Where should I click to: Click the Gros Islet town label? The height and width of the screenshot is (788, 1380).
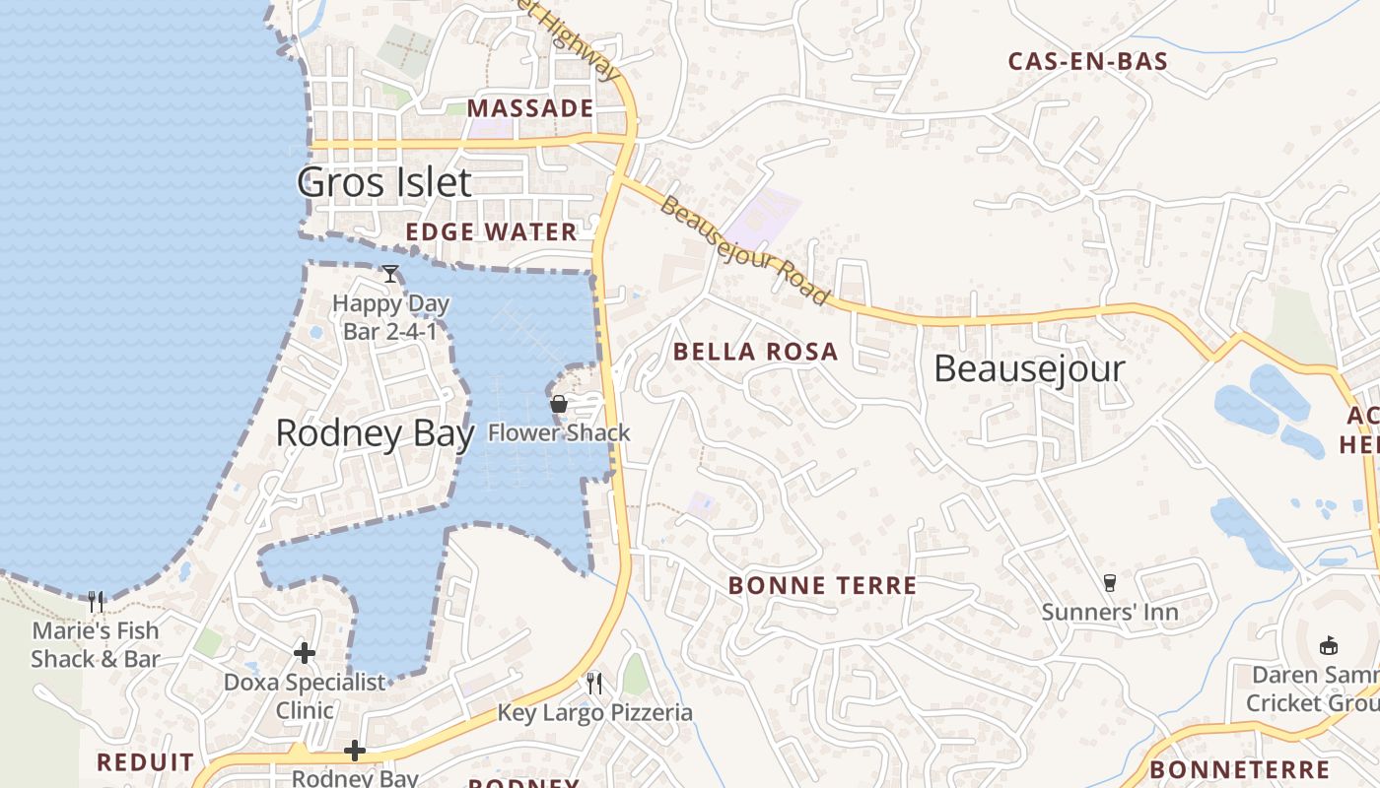coord(384,182)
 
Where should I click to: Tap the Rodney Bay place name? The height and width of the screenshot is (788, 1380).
coord(375,433)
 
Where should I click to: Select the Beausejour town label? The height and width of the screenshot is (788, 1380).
coord(1029,368)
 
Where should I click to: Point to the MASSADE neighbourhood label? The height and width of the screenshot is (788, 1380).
coord(530,108)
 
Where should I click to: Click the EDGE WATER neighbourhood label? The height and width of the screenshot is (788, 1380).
coord(491,232)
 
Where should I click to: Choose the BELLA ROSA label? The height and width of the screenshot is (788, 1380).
coord(755,352)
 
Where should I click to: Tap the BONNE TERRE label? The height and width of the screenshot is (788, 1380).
coord(822,586)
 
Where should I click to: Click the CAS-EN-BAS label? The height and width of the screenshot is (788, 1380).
coord(1087,61)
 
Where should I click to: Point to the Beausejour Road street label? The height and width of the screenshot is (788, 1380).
coord(744,250)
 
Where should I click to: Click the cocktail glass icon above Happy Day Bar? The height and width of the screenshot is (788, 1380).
coord(390,274)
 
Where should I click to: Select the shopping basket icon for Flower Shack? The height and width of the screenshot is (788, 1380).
coord(559,404)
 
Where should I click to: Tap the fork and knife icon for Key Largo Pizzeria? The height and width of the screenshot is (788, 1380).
coord(594,683)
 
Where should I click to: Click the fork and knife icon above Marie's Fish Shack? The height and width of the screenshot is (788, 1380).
coord(96,601)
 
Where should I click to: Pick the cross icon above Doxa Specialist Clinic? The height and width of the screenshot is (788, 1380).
coord(305,652)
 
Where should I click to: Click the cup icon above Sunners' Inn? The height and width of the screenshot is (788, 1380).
coord(1110,583)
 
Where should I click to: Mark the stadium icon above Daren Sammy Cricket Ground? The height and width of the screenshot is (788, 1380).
coord(1329,646)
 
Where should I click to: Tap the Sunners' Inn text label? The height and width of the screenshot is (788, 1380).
coord(1110,613)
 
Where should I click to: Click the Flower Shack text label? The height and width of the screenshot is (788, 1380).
coord(559,432)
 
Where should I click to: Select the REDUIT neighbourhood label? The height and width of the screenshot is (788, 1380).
coord(145,762)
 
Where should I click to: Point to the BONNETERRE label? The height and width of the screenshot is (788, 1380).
coord(1239,770)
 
